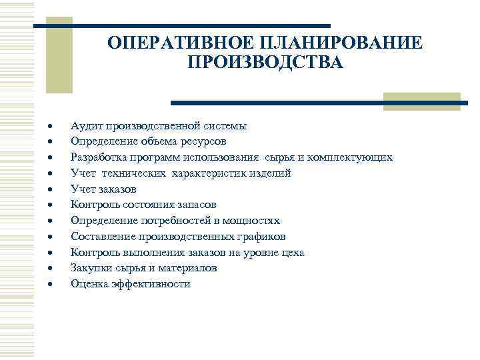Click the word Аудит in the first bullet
point(85,125)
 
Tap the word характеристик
point(213,173)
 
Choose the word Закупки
point(91,268)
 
